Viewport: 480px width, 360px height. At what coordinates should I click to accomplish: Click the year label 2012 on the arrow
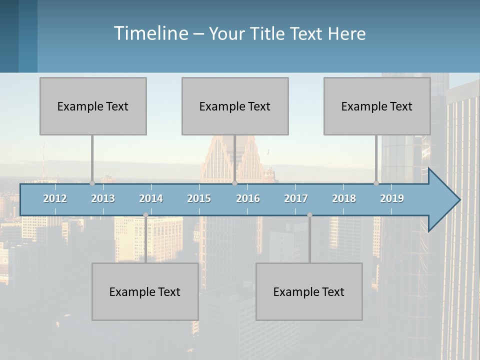[55, 198]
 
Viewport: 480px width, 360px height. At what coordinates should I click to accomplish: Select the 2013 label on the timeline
[103, 198]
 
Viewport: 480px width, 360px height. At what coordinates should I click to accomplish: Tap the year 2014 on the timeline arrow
[151, 198]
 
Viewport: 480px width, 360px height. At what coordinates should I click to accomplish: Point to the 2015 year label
[199, 198]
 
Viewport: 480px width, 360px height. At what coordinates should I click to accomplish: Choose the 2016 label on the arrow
[248, 198]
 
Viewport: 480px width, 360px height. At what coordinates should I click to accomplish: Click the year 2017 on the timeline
[296, 198]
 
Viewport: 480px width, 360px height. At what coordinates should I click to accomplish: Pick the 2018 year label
[344, 198]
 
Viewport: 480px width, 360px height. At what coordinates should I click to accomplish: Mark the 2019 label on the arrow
[392, 198]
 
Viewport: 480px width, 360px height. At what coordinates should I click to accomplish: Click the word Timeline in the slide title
[150, 33]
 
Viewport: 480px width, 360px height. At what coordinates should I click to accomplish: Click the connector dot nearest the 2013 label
[92, 183]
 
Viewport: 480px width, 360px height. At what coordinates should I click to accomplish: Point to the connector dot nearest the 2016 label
[234, 183]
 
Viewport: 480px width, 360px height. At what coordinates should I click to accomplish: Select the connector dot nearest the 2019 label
[376, 183]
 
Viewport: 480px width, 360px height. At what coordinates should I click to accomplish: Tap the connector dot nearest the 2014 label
[145, 215]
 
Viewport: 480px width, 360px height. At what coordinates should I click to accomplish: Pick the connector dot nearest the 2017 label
[309, 215]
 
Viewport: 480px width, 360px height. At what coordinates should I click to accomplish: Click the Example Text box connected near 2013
[93, 106]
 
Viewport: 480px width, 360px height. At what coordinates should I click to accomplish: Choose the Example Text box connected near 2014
[145, 291]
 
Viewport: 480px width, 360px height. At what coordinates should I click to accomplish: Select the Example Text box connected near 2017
[309, 291]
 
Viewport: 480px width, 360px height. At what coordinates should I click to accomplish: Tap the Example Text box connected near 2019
[377, 106]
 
